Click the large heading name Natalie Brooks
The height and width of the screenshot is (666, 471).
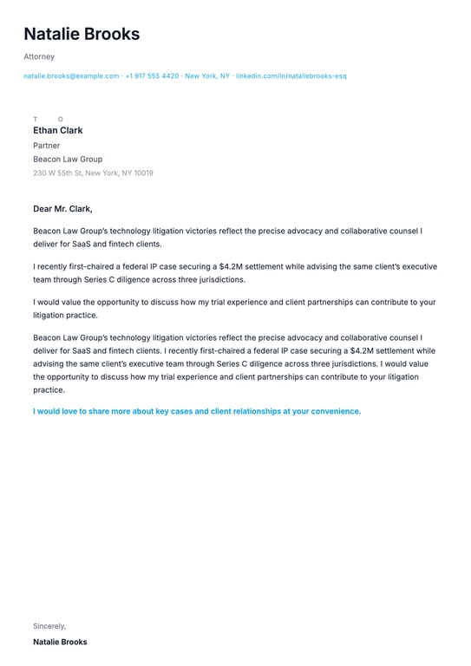(82, 35)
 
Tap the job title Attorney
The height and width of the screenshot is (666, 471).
(39, 56)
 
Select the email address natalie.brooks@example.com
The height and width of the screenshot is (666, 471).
(71, 76)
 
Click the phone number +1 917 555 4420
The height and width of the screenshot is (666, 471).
(152, 76)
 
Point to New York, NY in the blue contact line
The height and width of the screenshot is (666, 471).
(207, 76)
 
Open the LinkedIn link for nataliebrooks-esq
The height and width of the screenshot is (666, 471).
(291, 76)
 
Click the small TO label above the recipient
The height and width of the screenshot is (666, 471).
(48, 119)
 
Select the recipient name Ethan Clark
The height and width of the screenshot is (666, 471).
(58, 131)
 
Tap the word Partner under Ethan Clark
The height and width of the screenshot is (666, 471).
(47, 146)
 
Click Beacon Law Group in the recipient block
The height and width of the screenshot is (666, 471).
(68, 160)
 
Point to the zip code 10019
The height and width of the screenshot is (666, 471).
(142, 173)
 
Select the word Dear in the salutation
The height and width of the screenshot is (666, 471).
(43, 209)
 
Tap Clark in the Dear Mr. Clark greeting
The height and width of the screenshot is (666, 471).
(79, 209)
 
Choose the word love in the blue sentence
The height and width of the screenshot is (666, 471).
(67, 411)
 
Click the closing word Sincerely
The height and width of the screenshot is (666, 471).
(49, 625)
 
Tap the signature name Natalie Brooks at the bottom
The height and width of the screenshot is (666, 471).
(60, 643)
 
